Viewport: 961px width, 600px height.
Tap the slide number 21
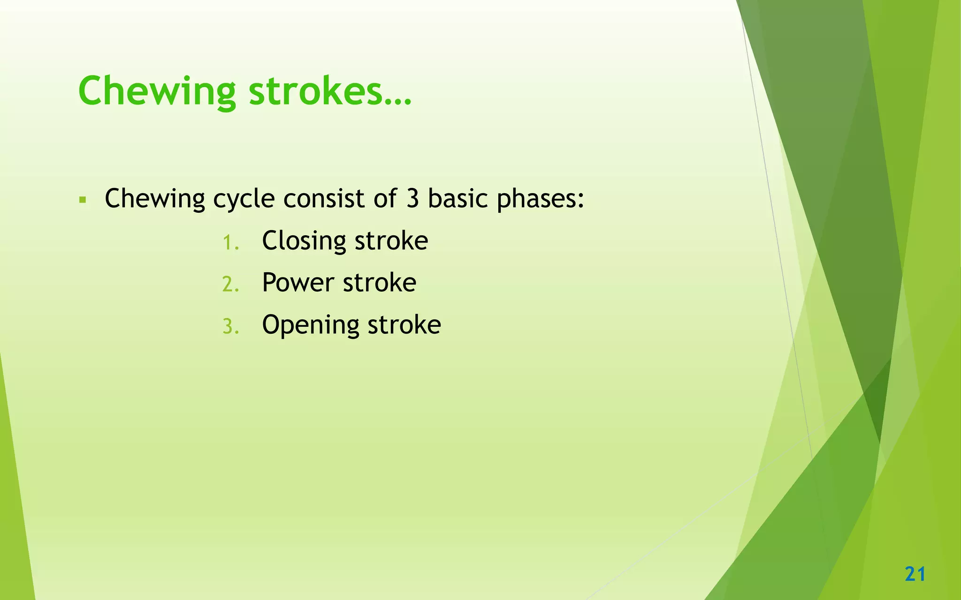915,574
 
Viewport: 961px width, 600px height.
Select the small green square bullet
83,200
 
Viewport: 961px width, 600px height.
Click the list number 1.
230,243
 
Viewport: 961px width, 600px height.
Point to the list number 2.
230,285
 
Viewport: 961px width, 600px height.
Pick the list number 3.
230,327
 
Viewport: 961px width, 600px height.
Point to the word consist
324,198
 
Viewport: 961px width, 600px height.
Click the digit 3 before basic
412,198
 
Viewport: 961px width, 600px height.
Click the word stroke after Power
379,283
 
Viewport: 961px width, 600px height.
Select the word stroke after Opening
404,324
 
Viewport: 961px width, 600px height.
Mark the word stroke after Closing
391,241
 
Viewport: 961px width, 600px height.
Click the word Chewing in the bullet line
155,199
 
